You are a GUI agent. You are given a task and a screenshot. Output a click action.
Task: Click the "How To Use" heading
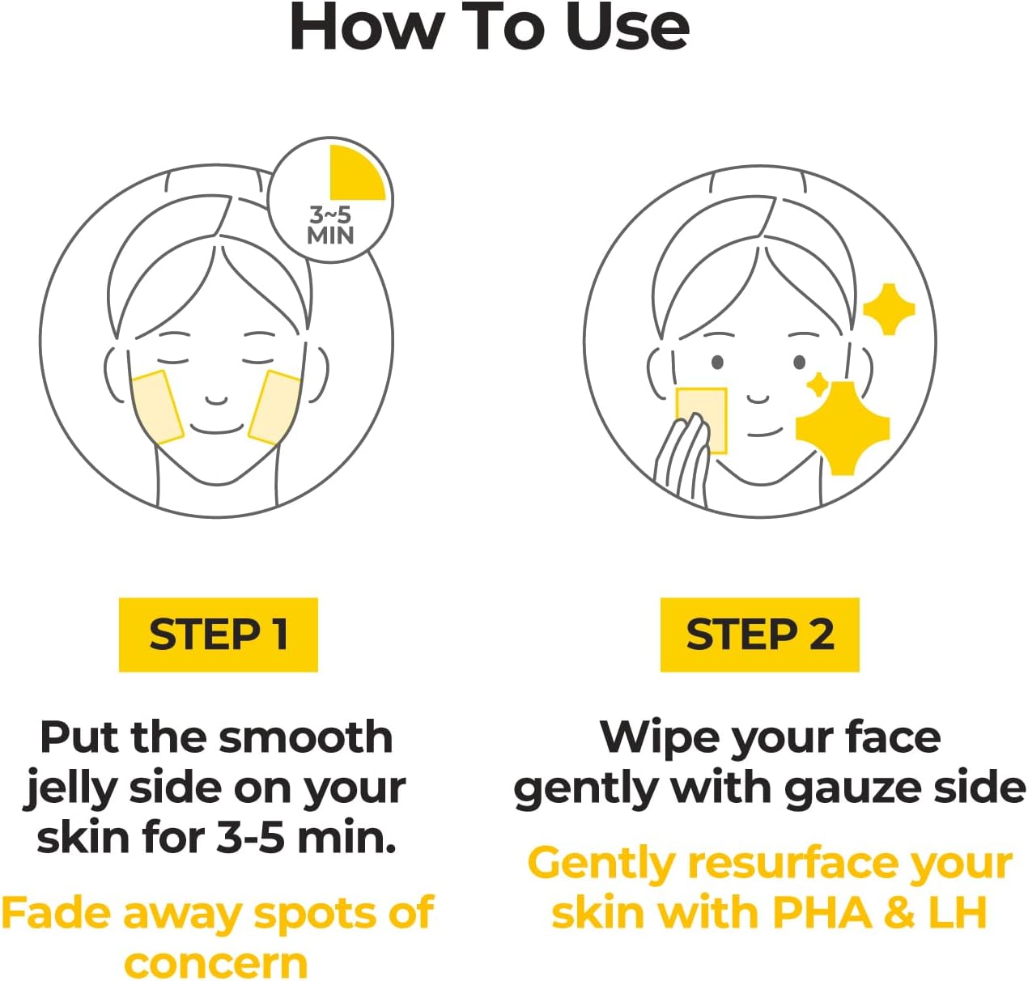[489, 28]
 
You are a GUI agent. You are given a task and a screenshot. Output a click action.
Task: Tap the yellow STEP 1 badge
[218, 635]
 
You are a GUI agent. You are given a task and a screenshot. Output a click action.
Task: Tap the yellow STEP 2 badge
[759, 635]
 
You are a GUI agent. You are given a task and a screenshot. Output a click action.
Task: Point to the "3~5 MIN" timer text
[330, 225]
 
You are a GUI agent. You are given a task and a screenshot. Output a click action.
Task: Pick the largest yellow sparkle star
[842, 427]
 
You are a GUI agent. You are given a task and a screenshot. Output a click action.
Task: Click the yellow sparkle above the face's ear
[888, 308]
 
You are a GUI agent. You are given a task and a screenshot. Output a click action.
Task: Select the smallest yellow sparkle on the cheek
[818, 384]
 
